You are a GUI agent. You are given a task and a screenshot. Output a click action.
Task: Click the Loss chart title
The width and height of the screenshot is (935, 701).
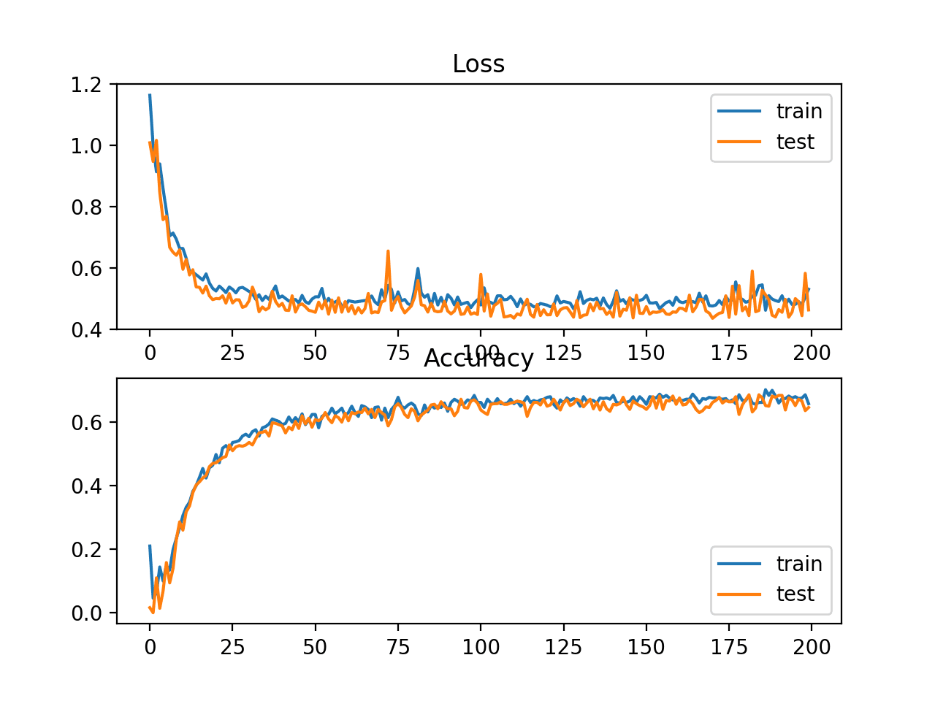click(x=478, y=64)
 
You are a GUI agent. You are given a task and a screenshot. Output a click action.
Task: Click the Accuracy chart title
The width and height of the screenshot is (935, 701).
click(x=478, y=359)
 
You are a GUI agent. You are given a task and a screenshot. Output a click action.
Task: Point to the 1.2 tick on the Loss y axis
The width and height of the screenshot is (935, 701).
click(x=85, y=85)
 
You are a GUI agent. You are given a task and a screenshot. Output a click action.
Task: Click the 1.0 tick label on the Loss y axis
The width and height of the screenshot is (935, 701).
click(x=85, y=146)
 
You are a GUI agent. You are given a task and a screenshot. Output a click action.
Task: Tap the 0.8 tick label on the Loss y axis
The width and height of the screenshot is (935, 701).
click(x=85, y=207)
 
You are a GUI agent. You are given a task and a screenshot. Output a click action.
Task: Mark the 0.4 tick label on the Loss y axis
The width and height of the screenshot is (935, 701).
click(x=85, y=330)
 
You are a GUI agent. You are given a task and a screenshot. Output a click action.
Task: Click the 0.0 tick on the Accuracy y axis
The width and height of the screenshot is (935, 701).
click(x=85, y=613)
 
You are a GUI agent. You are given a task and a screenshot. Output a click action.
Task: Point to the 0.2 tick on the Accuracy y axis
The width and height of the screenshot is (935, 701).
click(x=85, y=550)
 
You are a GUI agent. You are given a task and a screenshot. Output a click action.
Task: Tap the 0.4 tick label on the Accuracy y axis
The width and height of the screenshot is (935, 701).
click(x=85, y=486)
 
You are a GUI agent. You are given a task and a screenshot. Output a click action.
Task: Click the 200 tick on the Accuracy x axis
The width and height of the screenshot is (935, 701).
click(x=812, y=647)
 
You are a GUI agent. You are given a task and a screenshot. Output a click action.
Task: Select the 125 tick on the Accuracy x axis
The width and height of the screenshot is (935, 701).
click(x=563, y=647)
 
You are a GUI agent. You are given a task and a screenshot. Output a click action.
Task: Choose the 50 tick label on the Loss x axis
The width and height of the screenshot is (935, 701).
click(x=315, y=353)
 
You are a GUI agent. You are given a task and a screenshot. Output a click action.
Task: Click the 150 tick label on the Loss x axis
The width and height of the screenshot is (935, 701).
click(x=646, y=353)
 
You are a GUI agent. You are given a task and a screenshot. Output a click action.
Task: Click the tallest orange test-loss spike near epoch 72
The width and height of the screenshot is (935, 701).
click(x=388, y=251)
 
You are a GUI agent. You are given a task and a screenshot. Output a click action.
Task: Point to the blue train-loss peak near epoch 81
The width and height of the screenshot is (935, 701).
click(x=418, y=269)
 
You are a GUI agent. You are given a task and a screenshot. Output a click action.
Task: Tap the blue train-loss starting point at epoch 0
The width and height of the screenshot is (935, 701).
click(x=150, y=95)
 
